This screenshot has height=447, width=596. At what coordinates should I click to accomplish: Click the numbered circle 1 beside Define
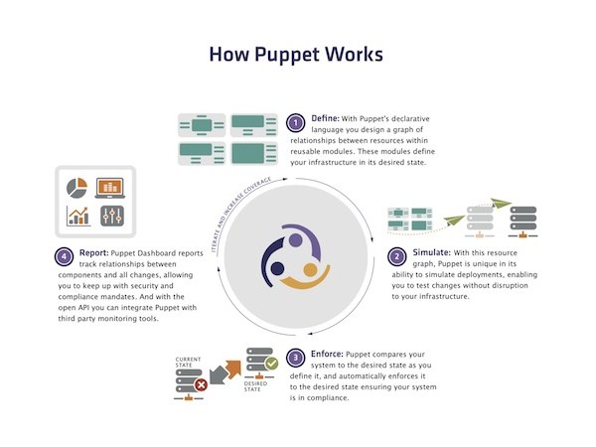(x=295, y=123)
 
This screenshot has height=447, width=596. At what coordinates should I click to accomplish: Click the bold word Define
(x=327, y=117)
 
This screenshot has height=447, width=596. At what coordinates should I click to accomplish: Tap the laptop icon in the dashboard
(x=109, y=186)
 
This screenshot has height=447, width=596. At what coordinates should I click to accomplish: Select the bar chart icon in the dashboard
(x=76, y=216)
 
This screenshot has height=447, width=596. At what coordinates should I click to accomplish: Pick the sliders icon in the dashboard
(x=109, y=216)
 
